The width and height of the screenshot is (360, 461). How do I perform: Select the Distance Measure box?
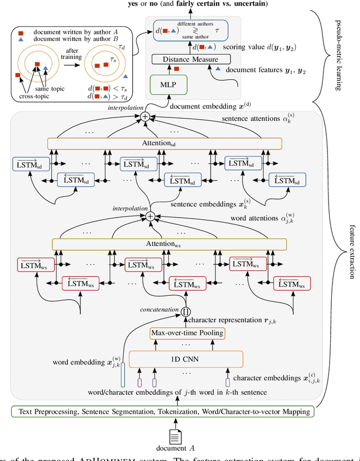(192, 58)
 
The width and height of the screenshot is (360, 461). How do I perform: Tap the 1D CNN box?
(186, 359)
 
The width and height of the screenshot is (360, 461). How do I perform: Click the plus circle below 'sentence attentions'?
(145, 116)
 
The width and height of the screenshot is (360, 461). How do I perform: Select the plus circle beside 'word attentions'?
(150, 216)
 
